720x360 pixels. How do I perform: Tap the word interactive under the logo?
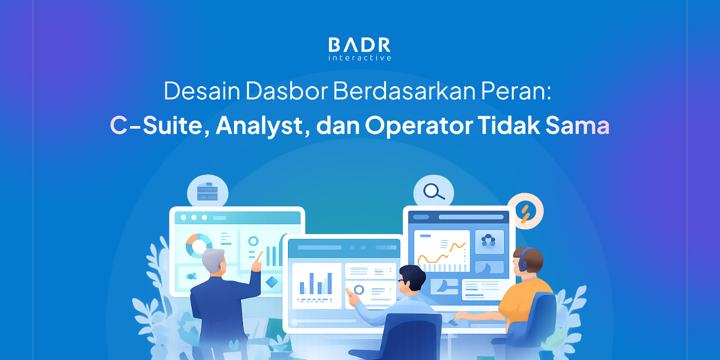[360, 58]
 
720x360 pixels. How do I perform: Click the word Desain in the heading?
[202, 91]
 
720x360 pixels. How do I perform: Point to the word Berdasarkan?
[405, 91]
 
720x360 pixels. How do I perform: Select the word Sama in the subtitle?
[577, 125]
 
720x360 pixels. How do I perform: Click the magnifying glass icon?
[434, 192]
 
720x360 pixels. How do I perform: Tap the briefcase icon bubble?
[207, 192]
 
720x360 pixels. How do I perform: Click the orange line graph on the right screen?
[441, 253]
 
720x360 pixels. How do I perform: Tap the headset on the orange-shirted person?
[522, 259]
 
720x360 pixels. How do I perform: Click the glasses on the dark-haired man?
[402, 281]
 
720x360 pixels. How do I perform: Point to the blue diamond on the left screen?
[272, 282]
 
